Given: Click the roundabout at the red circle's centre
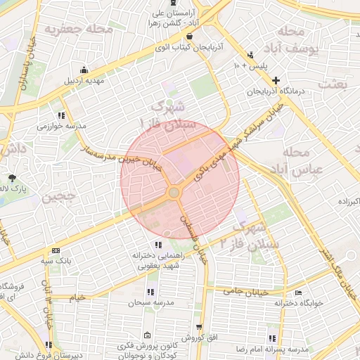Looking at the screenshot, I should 174,193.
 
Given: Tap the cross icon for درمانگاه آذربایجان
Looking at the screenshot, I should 276,81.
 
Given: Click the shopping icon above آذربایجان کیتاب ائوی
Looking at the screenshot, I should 188,37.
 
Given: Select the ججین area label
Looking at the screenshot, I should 57,198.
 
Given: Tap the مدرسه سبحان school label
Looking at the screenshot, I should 149,302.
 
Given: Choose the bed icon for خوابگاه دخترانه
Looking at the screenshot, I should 298,293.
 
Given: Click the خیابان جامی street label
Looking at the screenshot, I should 243,290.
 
